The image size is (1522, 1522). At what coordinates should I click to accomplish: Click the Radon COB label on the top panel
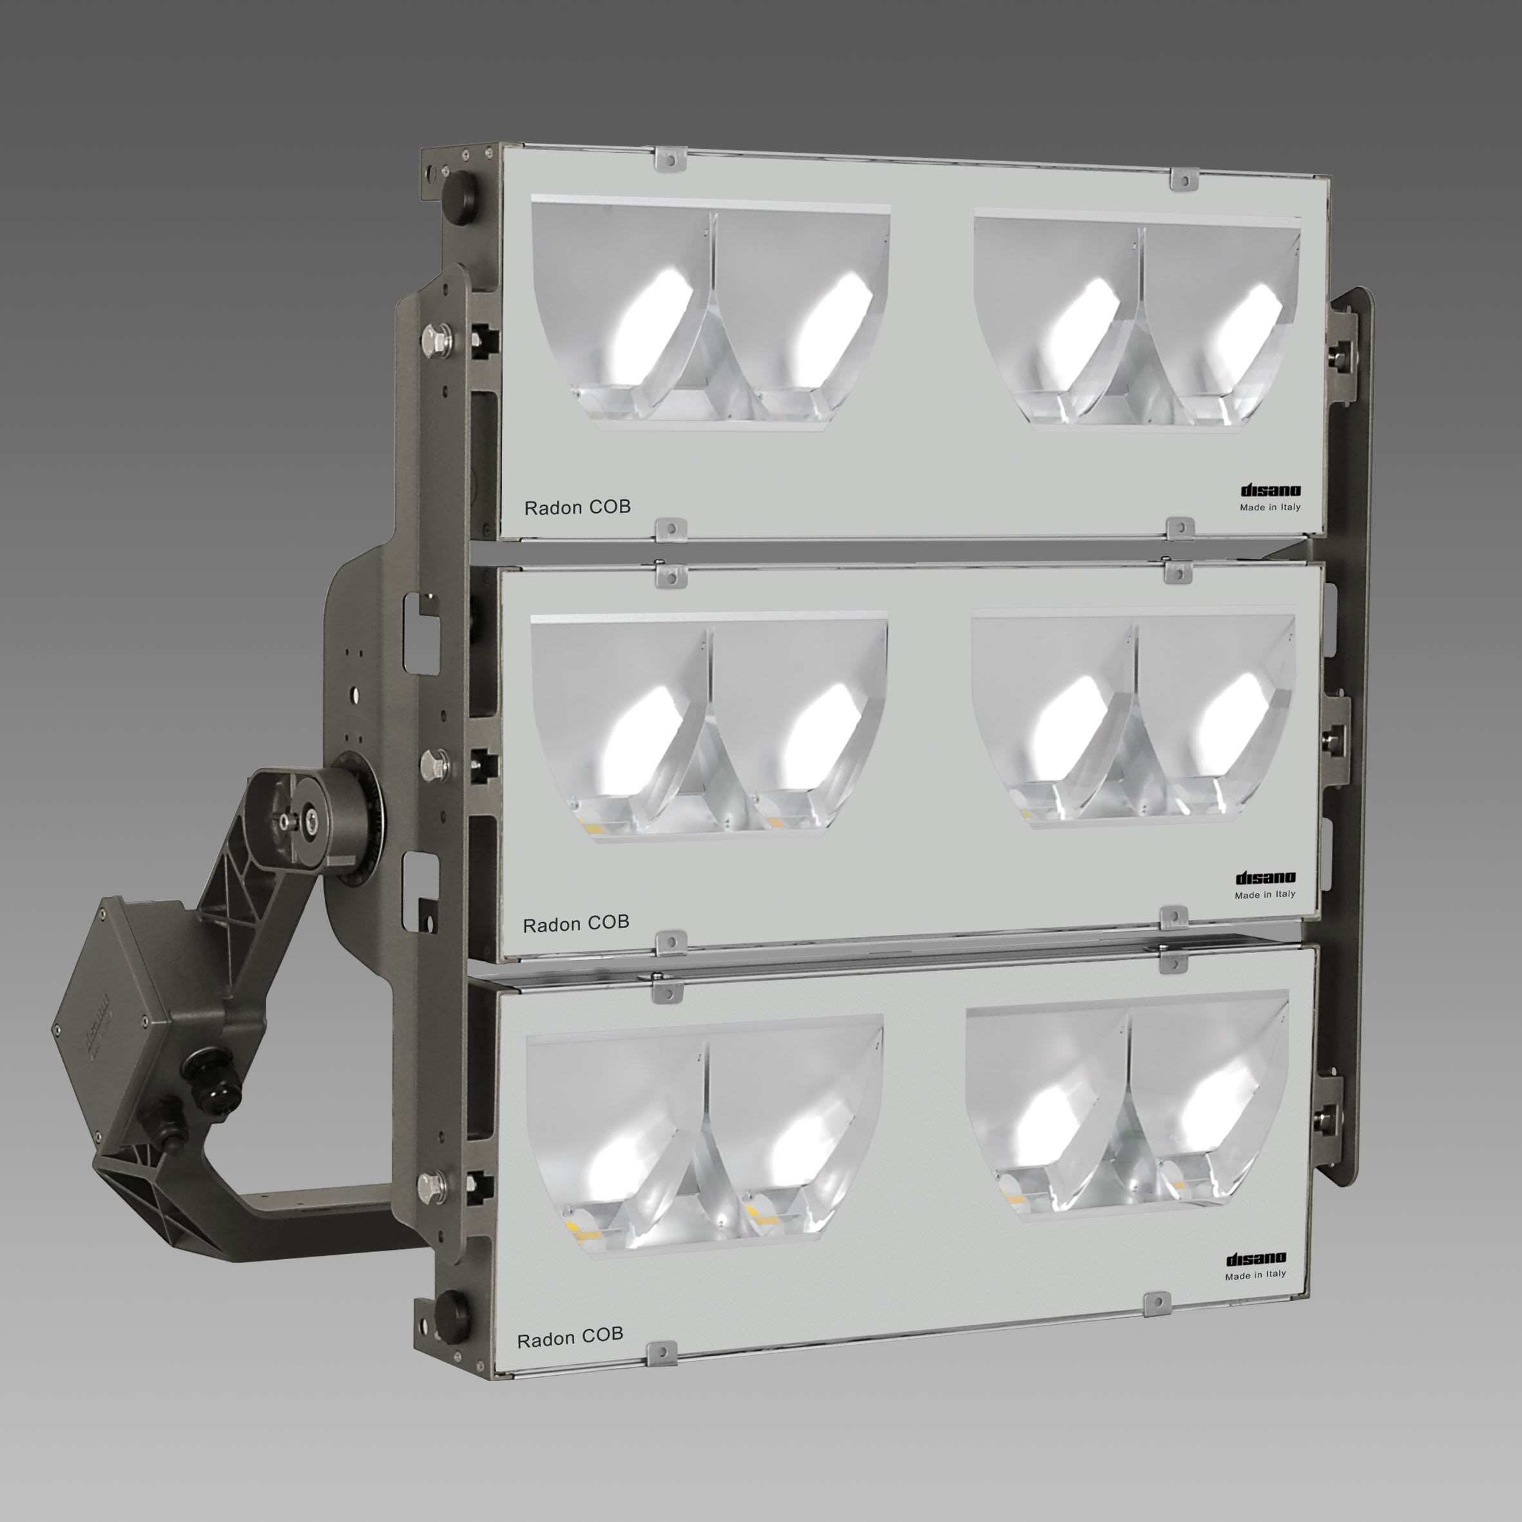pos(577,507)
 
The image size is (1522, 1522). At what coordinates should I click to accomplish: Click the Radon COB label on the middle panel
pos(576,923)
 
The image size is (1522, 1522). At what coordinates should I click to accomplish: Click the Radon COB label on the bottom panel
pos(570,1337)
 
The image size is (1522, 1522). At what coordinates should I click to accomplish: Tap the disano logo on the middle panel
pos(1265,878)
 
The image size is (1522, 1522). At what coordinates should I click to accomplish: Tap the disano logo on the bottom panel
pos(1256,1258)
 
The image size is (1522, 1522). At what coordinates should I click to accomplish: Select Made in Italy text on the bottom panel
pos(1255,1274)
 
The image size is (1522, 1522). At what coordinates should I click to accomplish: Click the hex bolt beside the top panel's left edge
pos(436,340)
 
